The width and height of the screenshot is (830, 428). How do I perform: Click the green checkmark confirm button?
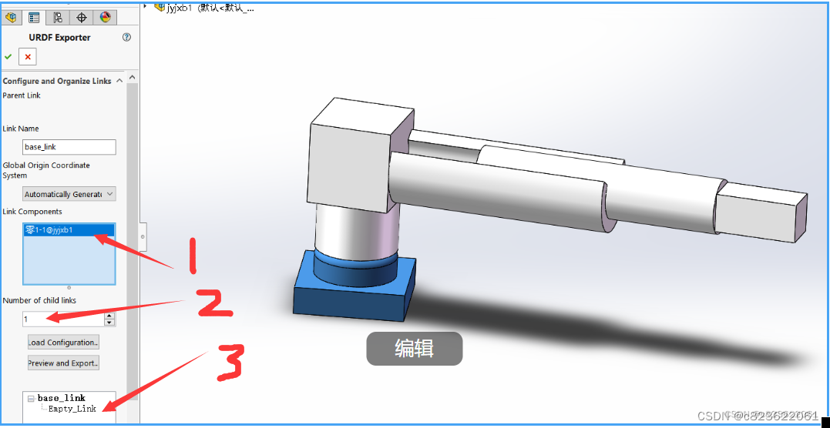[8, 57]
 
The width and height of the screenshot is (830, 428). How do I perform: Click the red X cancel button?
[28, 57]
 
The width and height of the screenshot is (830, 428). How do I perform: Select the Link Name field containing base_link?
[69, 147]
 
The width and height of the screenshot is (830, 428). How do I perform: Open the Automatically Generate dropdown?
[69, 194]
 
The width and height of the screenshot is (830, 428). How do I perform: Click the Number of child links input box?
[63, 319]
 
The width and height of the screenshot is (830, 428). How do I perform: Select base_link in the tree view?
[62, 398]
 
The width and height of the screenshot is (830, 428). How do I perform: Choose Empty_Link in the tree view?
[72, 409]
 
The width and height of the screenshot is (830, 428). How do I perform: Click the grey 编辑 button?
[414, 349]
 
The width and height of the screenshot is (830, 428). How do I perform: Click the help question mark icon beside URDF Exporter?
[126, 37]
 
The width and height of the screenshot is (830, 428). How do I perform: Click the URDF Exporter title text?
[59, 38]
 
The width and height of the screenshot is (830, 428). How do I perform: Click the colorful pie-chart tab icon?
[105, 17]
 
